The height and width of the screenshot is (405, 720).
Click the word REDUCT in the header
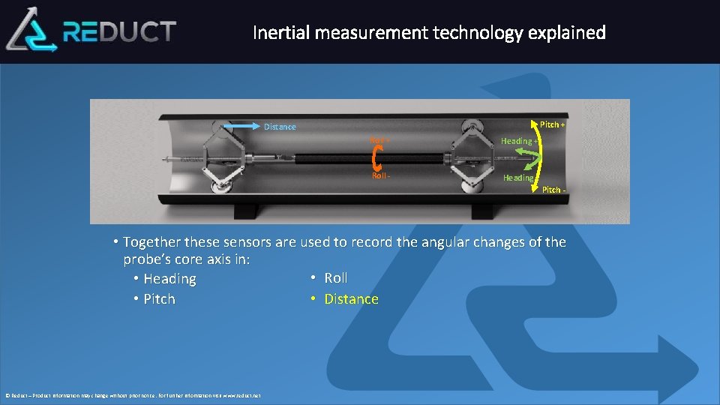coord(119,31)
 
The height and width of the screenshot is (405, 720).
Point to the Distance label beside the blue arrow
coord(280,127)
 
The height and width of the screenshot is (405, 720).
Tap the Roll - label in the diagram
coord(379,175)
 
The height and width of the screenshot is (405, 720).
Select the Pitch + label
coord(553,124)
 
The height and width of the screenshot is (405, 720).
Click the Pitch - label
coord(554,190)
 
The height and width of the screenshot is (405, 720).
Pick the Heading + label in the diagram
coord(519,141)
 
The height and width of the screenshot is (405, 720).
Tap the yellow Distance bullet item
coord(350,299)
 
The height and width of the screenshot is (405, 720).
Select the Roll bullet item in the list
coord(335,278)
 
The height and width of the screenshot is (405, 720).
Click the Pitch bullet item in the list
coord(158,299)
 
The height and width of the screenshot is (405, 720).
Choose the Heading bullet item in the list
coord(169,279)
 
